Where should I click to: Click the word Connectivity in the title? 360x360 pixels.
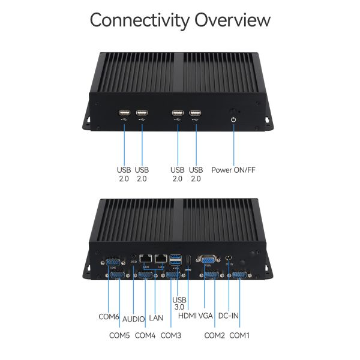(141, 20)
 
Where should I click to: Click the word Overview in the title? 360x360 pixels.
(233, 20)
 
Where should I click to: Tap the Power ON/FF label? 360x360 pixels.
(233, 170)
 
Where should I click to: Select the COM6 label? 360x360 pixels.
(109, 317)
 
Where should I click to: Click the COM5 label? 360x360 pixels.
(119, 335)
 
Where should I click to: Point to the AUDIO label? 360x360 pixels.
(133, 317)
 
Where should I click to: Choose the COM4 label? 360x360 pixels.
(145, 335)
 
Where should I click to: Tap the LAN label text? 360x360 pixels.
(157, 317)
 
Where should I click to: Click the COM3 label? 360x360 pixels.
(171, 335)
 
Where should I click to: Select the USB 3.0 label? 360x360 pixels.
(178, 303)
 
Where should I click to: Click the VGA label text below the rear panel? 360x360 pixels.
(206, 317)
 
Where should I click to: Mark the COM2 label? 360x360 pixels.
(214, 335)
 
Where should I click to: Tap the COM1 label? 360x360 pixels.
(239, 335)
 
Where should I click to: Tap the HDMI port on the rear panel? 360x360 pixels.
(188, 260)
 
